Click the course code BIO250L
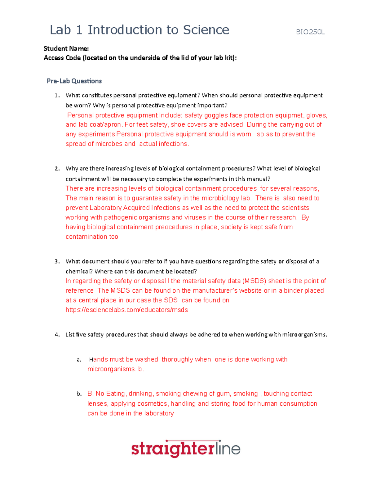point(310,32)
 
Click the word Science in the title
point(206,30)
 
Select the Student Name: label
point(66,48)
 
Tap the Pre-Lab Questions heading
point(74,81)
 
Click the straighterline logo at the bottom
point(186,449)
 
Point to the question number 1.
point(57,96)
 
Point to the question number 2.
point(57,169)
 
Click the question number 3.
point(57,262)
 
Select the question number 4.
point(57,335)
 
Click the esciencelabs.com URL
point(126,310)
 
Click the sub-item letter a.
point(79,360)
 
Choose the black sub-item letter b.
point(79,394)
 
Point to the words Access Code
point(62,58)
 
